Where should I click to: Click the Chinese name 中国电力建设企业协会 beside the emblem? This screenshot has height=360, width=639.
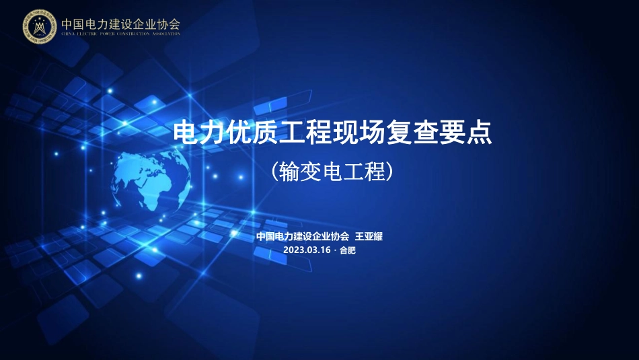pyautogui.click(x=121, y=23)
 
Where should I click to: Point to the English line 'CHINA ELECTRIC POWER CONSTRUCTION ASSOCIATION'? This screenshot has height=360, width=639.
pyautogui.click(x=121, y=34)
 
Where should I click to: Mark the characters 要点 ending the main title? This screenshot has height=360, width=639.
pyautogui.click(x=465, y=133)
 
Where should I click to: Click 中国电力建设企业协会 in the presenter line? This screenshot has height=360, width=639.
pyautogui.click(x=303, y=236)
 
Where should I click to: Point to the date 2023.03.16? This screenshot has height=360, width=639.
pyautogui.click(x=307, y=250)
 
